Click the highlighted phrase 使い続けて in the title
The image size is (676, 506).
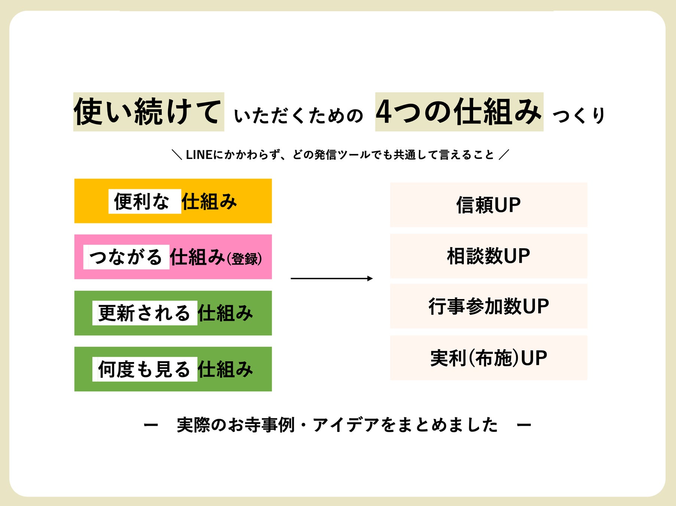click(x=149, y=112)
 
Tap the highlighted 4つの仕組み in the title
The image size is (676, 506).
click(x=459, y=112)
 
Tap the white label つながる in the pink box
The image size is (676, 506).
click(x=126, y=257)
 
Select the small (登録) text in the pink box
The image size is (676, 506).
click(x=244, y=259)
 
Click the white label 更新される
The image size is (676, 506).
click(x=144, y=313)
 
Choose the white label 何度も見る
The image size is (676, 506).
click(x=144, y=369)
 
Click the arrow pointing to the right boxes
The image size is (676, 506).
click(x=332, y=278)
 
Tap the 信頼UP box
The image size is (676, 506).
click(x=488, y=205)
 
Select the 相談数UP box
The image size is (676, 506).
click(x=488, y=256)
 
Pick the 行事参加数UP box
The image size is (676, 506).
click(x=488, y=306)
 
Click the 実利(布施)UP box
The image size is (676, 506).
click(x=488, y=358)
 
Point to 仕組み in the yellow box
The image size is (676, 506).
click(x=209, y=202)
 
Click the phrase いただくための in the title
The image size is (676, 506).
click(x=299, y=115)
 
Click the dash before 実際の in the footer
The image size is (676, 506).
click(x=151, y=425)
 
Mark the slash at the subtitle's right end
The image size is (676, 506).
click(x=504, y=154)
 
